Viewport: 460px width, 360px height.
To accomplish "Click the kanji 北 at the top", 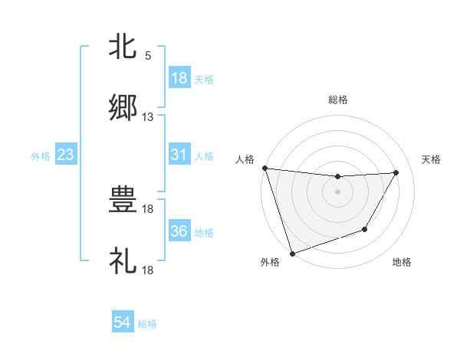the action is coord(123,47).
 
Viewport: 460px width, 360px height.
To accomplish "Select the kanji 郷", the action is coord(123,108).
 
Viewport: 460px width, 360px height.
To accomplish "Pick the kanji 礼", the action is coord(123,261).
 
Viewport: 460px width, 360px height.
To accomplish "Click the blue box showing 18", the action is coord(179,78).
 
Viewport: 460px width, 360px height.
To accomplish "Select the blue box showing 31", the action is coord(179,155).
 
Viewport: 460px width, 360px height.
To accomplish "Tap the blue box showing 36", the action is coord(179,231).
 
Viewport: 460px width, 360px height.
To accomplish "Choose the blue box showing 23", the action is coord(66,155).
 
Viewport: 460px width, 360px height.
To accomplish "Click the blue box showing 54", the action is coord(123,323).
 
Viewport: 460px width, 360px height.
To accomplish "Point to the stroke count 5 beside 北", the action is coord(148,55).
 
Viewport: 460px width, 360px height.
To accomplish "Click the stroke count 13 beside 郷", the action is coord(148,117).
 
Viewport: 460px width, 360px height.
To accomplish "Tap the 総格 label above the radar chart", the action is coord(338,100).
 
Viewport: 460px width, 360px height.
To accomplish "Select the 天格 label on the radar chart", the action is coord(432,159).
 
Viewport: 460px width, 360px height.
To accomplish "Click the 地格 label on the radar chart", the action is coord(402,263).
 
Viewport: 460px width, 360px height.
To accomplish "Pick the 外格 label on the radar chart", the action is coord(270,263).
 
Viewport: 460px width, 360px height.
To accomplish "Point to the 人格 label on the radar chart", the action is coord(245,159).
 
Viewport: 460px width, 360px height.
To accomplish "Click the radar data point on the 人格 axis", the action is coord(264,168).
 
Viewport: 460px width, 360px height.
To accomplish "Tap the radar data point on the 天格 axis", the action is coord(396,173).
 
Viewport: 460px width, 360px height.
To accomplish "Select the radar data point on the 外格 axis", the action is coord(292,253).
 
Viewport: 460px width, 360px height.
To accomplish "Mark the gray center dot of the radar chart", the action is coord(338,191).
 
